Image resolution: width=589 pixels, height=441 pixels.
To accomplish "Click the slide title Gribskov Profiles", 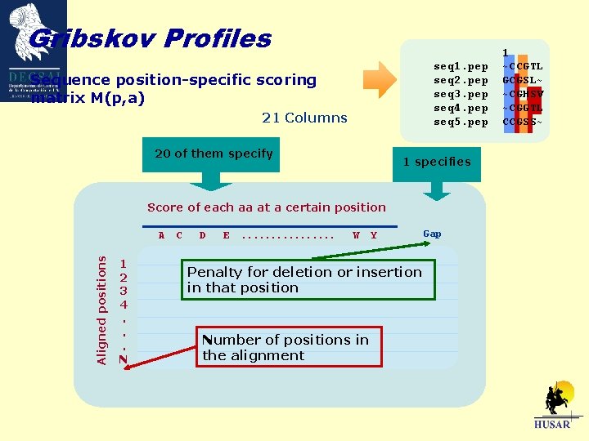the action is (149, 38).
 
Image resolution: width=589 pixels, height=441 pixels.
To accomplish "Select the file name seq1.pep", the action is (461, 66).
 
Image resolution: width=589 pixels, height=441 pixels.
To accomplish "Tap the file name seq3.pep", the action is (461, 94).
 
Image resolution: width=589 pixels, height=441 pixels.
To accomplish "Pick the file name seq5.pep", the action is (461, 122).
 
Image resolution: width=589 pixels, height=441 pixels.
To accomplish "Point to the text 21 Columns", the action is (304, 118).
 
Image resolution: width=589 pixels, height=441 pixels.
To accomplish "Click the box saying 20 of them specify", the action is (214, 154).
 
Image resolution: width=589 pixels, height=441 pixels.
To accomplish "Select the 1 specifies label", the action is (436, 162).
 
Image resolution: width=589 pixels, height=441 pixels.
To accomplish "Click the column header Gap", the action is (432, 234).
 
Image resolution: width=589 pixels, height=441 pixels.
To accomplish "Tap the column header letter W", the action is (356, 236).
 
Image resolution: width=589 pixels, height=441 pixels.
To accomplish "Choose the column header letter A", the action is (161, 236).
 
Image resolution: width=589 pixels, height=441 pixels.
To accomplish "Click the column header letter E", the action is (226, 236).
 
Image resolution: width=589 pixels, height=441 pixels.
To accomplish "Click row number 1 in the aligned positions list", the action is (123, 264).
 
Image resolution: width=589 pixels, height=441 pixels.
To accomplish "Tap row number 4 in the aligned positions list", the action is (123, 304).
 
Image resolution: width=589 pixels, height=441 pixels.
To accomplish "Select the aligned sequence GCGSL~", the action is (522, 80).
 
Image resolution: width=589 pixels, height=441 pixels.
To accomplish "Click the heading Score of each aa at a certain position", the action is (266, 207).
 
